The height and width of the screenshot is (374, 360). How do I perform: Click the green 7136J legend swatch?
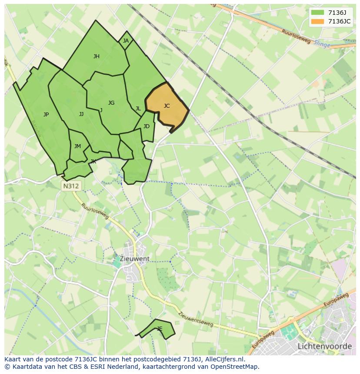click(318, 13)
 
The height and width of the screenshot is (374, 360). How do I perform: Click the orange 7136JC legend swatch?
click(318, 21)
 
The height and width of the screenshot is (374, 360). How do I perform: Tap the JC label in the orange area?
click(167, 106)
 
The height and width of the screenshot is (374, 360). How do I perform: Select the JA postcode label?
click(126, 41)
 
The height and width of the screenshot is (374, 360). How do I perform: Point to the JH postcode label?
click(97, 56)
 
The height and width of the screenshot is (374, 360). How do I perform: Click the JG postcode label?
click(111, 103)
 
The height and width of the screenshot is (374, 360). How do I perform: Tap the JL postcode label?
click(138, 109)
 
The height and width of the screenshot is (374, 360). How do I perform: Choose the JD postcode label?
click(147, 126)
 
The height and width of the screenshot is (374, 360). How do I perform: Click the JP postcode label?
click(46, 115)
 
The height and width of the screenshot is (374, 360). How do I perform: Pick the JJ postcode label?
click(81, 114)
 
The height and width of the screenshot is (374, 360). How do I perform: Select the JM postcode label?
click(77, 146)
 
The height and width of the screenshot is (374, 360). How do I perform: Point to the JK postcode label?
click(93, 162)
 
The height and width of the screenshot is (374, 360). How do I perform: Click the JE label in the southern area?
click(160, 329)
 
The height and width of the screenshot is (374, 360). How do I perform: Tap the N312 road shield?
click(71, 186)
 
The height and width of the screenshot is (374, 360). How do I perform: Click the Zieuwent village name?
click(135, 258)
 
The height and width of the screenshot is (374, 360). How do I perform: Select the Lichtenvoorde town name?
click(324, 346)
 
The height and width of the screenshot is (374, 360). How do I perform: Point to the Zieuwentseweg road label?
click(196, 320)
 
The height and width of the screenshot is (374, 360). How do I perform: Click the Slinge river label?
click(322, 44)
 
